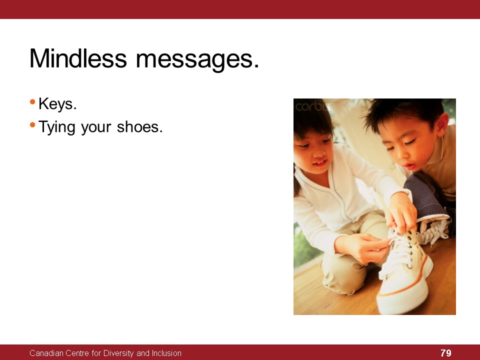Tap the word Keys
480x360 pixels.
[x=57, y=104]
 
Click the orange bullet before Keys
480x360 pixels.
[x=33, y=101]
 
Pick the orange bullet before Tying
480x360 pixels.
[x=33, y=124]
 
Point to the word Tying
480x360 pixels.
[x=57, y=127]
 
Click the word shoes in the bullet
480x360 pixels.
[x=139, y=126]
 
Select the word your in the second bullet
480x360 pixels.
[x=96, y=128]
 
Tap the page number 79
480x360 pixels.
[x=446, y=353]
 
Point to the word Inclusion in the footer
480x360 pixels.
[x=167, y=353]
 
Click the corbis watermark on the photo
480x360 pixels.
[x=310, y=107]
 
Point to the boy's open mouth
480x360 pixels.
[x=409, y=166]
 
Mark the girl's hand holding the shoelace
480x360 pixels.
[x=363, y=247]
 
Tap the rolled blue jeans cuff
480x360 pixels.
[x=427, y=197]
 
